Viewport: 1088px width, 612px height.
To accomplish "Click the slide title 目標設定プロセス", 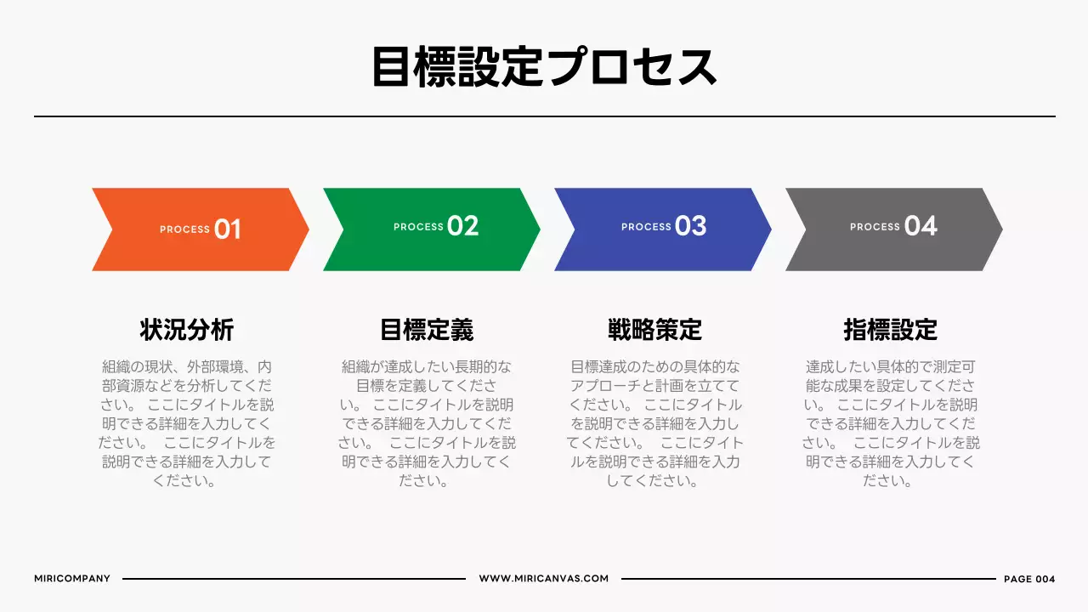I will tap(544, 67).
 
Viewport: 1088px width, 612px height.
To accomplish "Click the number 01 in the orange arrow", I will tap(228, 229).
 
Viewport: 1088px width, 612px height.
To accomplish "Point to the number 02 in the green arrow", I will tap(462, 226).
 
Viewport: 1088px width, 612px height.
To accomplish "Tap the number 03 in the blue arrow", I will tap(691, 226).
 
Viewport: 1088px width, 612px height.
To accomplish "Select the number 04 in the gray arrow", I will tap(921, 226).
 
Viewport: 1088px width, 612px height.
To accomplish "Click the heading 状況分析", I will tap(187, 330).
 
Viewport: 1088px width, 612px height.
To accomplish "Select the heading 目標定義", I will tap(427, 330).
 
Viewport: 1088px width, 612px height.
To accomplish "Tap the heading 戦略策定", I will tap(655, 330).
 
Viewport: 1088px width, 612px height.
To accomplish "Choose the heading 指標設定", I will tap(890, 330).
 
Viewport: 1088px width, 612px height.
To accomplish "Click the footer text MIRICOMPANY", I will tap(72, 579).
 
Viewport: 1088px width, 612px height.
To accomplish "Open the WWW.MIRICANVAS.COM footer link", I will tap(544, 579).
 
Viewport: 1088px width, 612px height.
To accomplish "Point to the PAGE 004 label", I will tap(1029, 579).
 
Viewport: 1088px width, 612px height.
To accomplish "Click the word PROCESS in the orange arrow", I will tap(184, 229).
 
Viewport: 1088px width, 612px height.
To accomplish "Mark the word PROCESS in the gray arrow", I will tap(875, 227).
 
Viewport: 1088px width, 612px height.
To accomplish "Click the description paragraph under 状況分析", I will tap(187, 423).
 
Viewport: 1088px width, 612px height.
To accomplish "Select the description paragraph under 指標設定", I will tap(890, 423).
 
